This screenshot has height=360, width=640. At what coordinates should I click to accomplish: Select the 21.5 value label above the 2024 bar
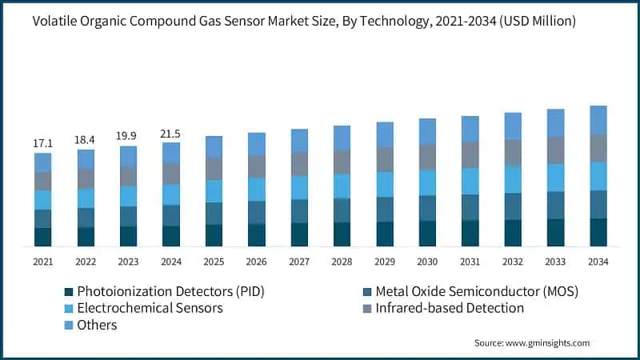(171, 133)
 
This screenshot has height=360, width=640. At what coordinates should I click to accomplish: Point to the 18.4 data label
(86, 140)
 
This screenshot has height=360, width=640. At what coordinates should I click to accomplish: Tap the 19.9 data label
(128, 136)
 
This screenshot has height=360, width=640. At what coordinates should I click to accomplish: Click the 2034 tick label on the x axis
(598, 262)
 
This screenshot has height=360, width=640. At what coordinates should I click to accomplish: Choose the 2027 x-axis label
(299, 262)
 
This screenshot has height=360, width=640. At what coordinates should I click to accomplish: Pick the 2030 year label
(427, 262)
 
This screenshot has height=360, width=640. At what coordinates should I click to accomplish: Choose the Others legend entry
(97, 325)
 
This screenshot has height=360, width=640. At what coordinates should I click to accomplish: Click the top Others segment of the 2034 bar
(598, 119)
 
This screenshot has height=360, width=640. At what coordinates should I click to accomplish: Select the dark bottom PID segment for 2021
(43, 237)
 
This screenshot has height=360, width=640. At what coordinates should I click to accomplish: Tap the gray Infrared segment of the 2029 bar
(385, 159)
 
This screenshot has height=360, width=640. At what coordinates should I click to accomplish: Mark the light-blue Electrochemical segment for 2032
(513, 179)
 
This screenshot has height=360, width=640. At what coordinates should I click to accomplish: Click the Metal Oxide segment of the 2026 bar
(257, 212)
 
